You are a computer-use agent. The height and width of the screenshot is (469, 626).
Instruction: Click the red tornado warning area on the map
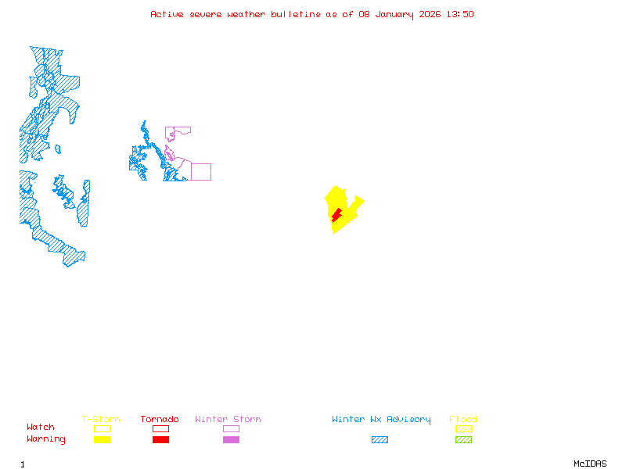pos(336,214)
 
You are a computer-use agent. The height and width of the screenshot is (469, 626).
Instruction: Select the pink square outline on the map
pos(201,172)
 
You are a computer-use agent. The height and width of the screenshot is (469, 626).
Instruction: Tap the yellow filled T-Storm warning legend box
pos(102,439)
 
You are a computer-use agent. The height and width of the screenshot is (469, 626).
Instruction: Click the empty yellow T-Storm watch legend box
pos(102,428)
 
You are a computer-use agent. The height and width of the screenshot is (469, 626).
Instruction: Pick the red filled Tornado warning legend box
pos(160,439)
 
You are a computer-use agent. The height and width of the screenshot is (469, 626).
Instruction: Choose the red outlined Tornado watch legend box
pos(160,428)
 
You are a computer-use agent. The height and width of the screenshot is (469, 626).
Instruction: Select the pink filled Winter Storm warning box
pos(231,439)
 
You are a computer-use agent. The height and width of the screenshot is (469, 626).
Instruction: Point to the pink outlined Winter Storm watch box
pos(231,428)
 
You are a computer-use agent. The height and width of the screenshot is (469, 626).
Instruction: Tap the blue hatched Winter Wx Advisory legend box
pos(380,439)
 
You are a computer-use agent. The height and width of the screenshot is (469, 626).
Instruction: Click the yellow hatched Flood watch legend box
pos(463,428)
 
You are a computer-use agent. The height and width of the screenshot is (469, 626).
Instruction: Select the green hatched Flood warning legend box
pos(463,439)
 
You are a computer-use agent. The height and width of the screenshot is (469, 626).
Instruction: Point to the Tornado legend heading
pos(160,420)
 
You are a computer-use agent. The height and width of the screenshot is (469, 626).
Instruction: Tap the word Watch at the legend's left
pos(41,428)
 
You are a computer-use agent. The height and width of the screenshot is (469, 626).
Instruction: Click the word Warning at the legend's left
pos(45,439)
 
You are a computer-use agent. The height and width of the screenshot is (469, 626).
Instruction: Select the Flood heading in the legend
pos(462,420)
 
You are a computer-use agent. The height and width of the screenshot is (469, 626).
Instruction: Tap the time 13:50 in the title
pos(460,14)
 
